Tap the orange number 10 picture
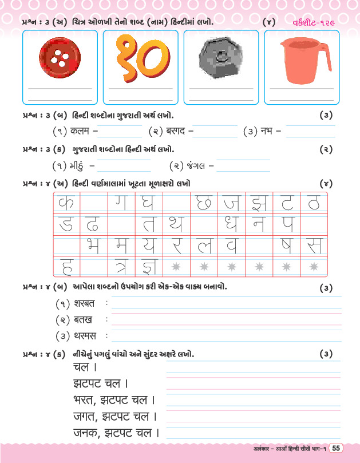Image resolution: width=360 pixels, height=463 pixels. [137, 58]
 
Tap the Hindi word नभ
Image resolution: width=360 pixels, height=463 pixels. [268, 132]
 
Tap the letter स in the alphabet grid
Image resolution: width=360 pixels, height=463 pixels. [313, 245]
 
